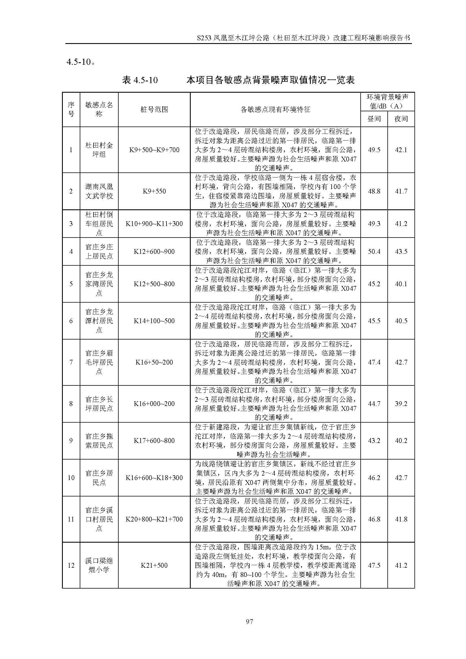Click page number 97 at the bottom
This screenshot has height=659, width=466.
[x=249, y=622]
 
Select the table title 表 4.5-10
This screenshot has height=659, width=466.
[x=140, y=80]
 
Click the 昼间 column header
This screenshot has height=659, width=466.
[x=374, y=119]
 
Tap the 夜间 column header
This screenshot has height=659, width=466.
[x=401, y=119]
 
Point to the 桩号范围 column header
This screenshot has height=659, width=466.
[x=154, y=110]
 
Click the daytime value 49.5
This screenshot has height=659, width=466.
[x=374, y=150]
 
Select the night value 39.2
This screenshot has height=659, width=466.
[x=401, y=403]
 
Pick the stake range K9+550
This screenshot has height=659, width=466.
[x=154, y=191]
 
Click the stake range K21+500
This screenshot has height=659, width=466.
[x=154, y=565]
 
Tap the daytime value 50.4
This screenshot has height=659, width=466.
[x=374, y=251]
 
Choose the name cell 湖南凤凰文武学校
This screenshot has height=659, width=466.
[x=99, y=191]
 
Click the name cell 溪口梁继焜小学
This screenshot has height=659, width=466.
[x=99, y=565]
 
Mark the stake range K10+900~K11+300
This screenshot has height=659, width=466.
[x=154, y=224]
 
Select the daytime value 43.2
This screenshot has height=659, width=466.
[x=374, y=441]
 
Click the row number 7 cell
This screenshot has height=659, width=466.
[x=71, y=362]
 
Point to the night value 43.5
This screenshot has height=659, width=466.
[x=401, y=251]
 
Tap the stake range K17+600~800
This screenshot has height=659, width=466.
[x=154, y=441]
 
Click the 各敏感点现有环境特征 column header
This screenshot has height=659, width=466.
[x=275, y=110]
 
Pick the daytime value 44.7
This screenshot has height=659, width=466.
[x=374, y=403]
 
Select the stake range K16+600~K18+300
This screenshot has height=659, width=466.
[x=154, y=478]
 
